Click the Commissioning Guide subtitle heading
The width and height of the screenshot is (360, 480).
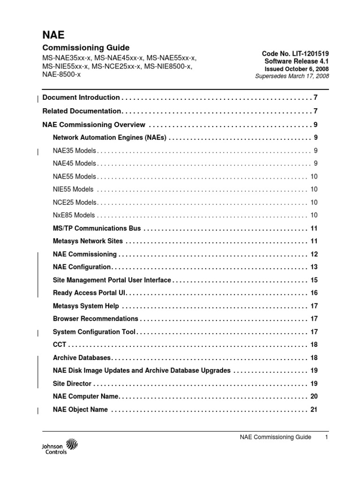tap(86, 48)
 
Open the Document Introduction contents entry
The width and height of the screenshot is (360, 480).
tap(81, 97)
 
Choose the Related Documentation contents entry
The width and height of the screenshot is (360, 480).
tap(82, 111)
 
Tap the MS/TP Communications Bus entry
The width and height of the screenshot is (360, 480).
tap(97, 228)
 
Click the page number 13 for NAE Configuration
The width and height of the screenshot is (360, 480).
tap(314, 267)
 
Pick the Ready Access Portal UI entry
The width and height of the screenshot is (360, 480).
tap(90, 293)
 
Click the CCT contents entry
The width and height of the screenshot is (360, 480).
tap(60, 345)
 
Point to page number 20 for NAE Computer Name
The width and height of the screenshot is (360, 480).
tap(314, 397)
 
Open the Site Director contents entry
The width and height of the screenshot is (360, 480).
tap(72, 383)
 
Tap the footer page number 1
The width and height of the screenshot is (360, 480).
tap(326, 437)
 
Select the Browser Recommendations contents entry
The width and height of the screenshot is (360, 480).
tap(96, 319)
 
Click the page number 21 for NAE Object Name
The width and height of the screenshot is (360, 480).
tap(314, 409)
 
